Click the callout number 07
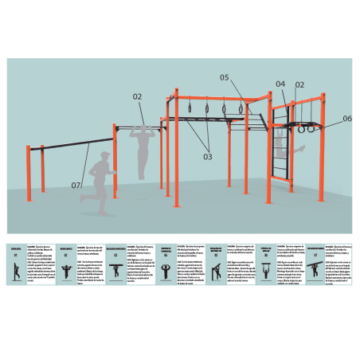pyautogui.click(x=76, y=186)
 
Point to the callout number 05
pyautogui.click(x=225, y=78)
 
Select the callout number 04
pyautogui.click(x=280, y=84)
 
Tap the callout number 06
pyautogui.click(x=347, y=119)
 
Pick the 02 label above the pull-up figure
pyautogui.click(x=137, y=96)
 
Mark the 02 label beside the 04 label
pyautogui.click(x=299, y=84)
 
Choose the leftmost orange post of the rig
pyautogui.click(x=29, y=171)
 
